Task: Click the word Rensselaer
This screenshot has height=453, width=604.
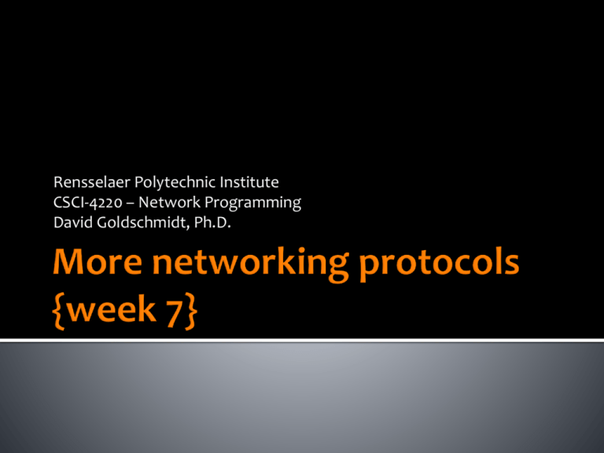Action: point(92,182)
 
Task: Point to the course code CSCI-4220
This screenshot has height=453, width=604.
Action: point(88,203)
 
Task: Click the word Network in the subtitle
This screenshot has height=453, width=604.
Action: point(169,202)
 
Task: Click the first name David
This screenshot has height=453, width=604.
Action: point(73,223)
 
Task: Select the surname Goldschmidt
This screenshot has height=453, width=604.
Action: point(142,223)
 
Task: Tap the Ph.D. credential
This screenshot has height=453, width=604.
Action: point(212,223)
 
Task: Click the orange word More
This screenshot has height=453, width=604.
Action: point(98,262)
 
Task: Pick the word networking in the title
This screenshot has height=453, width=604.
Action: point(251,264)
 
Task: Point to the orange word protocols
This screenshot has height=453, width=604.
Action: point(439,264)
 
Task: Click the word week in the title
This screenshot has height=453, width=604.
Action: point(112,310)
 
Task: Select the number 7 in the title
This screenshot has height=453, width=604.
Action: point(174,311)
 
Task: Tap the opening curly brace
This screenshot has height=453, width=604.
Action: point(58,311)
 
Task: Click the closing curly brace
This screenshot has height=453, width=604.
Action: point(191,311)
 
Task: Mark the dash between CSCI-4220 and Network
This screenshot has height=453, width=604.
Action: point(131,204)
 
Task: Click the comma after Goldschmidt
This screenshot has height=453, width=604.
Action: point(189,227)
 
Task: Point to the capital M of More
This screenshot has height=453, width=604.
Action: point(69,262)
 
